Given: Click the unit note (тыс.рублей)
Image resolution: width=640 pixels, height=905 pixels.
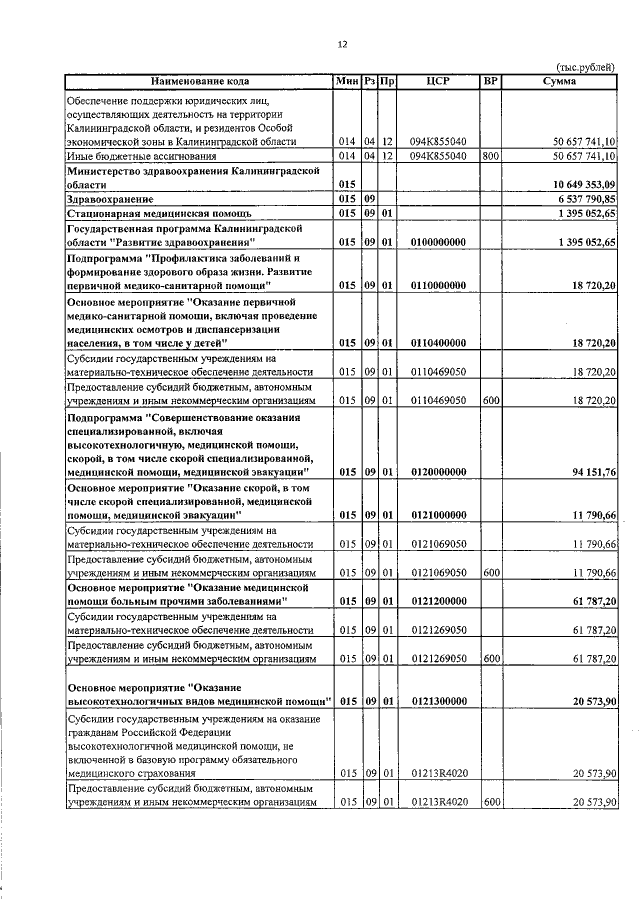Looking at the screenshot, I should point(585,67).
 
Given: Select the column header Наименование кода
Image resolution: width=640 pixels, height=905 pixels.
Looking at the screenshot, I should point(200,81).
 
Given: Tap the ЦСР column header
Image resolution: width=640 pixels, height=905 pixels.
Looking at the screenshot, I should point(440,81).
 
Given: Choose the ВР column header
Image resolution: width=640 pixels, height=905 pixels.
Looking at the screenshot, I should point(490,81).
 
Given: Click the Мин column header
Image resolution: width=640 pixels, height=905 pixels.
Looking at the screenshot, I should point(347,81).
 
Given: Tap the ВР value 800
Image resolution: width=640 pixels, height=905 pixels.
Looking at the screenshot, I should point(490,157).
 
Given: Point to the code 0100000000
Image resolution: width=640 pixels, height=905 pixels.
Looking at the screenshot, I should point(439,243).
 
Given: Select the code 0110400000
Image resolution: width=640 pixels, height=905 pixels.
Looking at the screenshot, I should point(439,343).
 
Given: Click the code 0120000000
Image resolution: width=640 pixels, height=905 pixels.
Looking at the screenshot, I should point(439,471).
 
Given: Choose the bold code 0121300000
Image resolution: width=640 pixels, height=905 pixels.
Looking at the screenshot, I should point(439,703).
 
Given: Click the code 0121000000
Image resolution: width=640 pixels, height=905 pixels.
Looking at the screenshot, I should point(439,515).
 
